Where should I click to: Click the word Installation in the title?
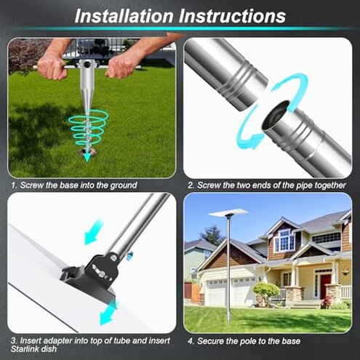pyautogui.click(x=121, y=15)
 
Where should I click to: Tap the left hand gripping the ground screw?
pyautogui.click(x=53, y=66)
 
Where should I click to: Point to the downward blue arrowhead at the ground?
pyautogui.click(x=87, y=155)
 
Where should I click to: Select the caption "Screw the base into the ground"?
pyautogui.click(x=76, y=185)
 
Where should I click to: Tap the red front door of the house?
pyautogui.click(x=325, y=285)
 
